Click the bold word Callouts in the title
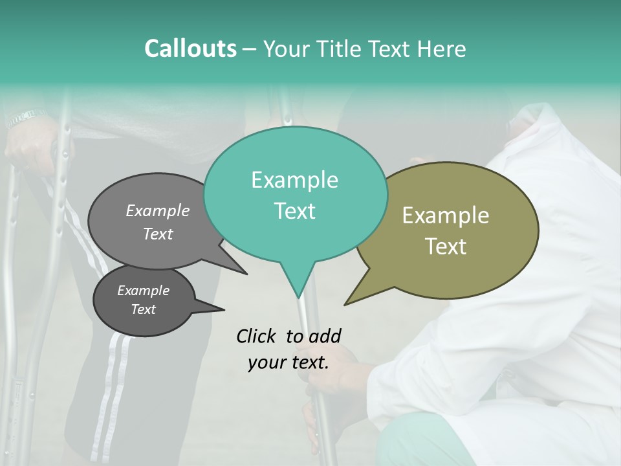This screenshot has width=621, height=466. click(x=190, y=49)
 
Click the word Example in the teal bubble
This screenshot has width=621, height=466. click(x=294, y=180)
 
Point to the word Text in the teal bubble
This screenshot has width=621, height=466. click(x=294, y=211)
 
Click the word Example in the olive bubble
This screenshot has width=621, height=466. click(x=446, y=216)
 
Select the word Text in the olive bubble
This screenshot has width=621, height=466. click(x=446, y=247)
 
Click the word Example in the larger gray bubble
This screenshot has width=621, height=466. click(x=158, y=210)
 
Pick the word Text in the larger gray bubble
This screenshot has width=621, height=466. click(x=158, y=234)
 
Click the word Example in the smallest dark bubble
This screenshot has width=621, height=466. click(x=143, y=291)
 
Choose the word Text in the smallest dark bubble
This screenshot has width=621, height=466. click(x=143, y=309)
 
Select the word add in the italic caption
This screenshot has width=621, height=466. click(x=325, y=336)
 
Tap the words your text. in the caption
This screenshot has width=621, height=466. click(x=289, y=362)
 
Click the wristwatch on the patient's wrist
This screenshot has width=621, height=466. click(x=26, y=118)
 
